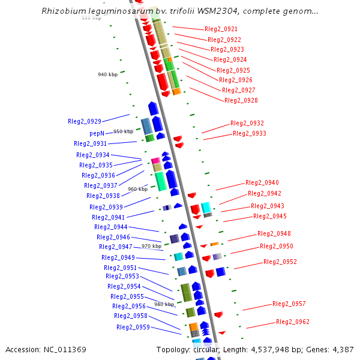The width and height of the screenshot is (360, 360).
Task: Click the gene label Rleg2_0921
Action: (x=221, y=29)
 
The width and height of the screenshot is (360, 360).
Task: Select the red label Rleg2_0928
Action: (x=241, y=100)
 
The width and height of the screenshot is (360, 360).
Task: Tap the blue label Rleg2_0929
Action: (x=85, y=121)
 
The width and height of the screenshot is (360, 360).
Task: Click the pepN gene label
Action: (x=97, y=133)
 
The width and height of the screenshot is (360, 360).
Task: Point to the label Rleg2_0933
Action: (x=250, y=133)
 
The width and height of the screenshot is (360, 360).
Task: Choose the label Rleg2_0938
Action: (x=103, y=196)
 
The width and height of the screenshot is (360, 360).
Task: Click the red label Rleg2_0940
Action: (x=262, y=182)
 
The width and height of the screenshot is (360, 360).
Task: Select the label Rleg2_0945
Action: (x=270, y=216)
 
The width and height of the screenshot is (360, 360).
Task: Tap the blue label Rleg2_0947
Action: (x=116, y=247)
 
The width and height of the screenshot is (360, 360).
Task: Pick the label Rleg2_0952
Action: (x=280, y=262)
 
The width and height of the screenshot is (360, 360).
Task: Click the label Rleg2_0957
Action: (x=289, y=304)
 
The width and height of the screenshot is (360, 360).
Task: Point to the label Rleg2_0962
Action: (x=293, y=322)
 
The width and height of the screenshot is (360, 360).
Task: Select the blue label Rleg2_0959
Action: (x=133, y=327)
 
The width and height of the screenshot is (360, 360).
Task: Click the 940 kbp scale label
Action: (x=108, y=74)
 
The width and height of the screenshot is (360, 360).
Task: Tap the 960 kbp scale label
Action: (x=138, y=189)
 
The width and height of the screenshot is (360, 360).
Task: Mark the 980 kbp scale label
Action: (x=164, y=304)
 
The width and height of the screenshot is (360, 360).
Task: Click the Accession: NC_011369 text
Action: (x=46, y=349)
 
